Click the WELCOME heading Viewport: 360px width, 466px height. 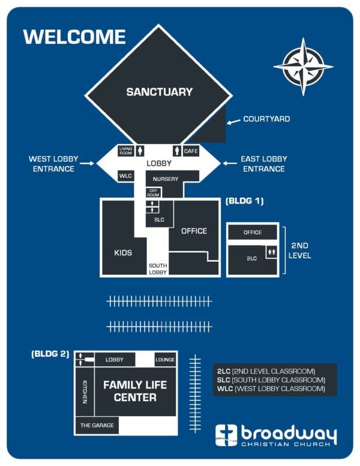click(74, 37)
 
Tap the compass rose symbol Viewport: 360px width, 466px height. click(303, 67)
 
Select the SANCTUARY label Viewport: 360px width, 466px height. click(160, 92)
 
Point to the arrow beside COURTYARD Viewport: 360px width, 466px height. click(233, 121)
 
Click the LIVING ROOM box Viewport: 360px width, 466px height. click(125, 151)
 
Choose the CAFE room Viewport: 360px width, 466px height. click(191, 151)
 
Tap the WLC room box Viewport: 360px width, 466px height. click(125, 176)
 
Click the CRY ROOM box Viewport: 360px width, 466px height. click(153, 193)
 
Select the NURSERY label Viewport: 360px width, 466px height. click(166, 179)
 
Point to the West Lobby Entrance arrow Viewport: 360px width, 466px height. click(87, 163)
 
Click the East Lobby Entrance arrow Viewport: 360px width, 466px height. click(230, 163)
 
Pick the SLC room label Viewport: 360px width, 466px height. click(159, 220)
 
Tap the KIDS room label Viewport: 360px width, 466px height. click(123, 253)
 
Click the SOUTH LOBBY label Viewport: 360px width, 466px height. click(158, 268)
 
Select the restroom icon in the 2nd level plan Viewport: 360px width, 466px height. click(271, 252)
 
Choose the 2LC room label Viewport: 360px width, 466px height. click(251, 259)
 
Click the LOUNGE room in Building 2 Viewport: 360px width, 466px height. click(165, 360)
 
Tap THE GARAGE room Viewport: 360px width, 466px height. click(97, 425)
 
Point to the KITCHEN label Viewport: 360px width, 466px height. click(85, 392)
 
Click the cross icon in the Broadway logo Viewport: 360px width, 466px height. click(226, 435)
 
